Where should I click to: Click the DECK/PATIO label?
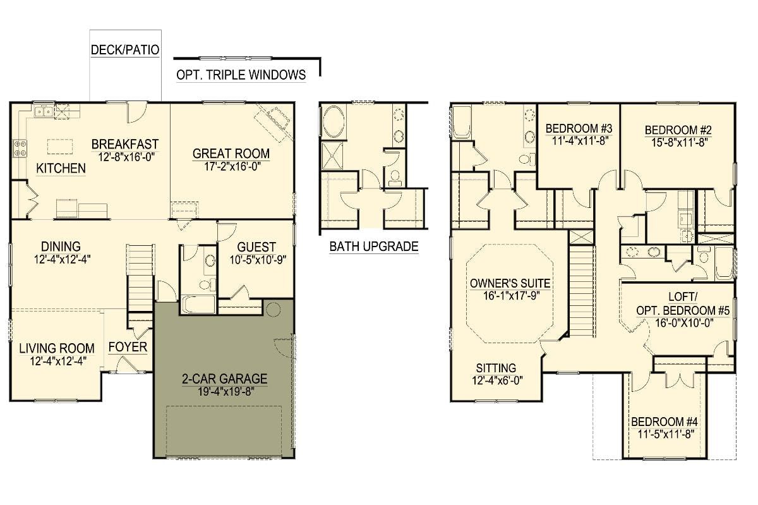click(x=125, y=50)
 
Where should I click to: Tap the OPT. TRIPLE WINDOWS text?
click(x=241, y=75)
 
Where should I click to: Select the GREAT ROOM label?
click(x=231, y=154)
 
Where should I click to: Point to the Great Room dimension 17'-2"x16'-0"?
click(x=232, y=167)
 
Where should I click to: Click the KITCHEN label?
click(x=61, y=168)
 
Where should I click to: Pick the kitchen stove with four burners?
click(x=20, y=149)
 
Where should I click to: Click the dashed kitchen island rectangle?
click(x=59, y=147)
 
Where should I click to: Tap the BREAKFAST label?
click(x=125, y=144)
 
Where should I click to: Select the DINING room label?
click(x=61, y=246)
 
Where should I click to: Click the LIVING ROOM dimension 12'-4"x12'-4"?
click(x=58, y=362)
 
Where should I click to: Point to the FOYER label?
click(x=128, y=347)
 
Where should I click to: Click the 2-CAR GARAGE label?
click(x=225, y=379)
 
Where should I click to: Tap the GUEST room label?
click(x=256, y=247)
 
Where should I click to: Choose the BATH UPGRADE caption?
click(x=374, y=246)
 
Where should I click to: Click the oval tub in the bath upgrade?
click(x=334, y=121)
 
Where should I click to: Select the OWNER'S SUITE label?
click(x=510, y=283)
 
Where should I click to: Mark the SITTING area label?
click(x=496, y=368)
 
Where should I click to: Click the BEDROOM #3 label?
click(x=579, y=129)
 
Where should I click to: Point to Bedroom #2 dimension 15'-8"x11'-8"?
click(x=680, y=143)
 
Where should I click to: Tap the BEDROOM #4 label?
click(x=665, y=422)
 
